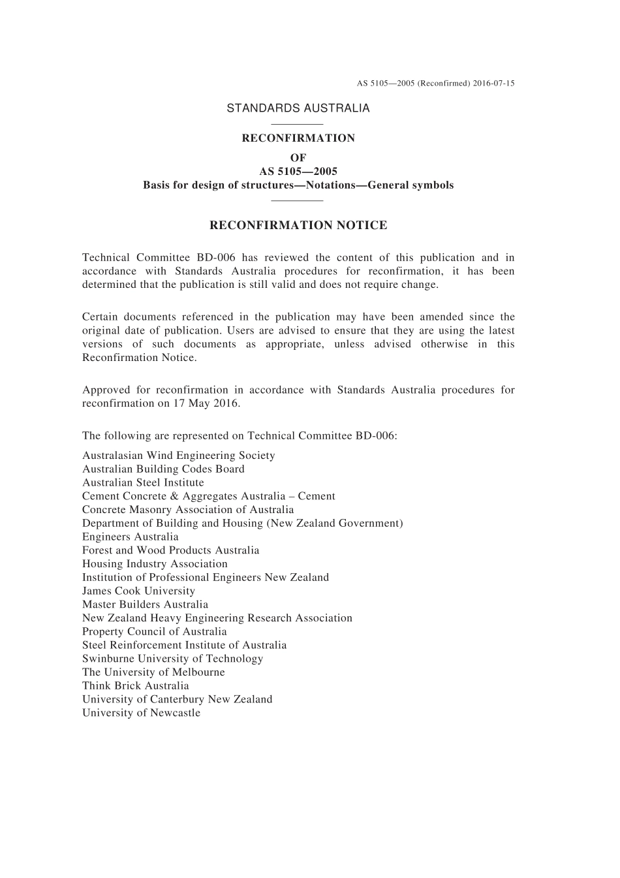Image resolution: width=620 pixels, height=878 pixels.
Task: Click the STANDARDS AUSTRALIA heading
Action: (298, 108)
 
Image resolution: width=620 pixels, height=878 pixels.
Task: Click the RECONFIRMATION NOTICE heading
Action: (298, 226)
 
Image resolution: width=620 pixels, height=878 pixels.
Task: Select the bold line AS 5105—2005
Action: (298, 172)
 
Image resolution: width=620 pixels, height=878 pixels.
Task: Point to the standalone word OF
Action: (298, 158)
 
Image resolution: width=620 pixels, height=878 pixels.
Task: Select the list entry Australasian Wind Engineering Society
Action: (178, 456)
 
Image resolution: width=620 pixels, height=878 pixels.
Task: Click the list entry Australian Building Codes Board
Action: (163, 469)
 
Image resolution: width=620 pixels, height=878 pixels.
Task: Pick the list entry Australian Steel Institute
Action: (143, 483)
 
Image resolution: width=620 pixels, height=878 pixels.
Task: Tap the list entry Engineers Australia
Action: (130, 537)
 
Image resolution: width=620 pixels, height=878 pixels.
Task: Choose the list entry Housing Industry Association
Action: (155, 564)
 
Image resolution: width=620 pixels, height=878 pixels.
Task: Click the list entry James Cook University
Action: (138, 591)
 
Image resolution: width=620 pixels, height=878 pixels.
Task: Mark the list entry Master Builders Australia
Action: (145, 604)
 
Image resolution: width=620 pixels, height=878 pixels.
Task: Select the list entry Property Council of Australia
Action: (154, 632)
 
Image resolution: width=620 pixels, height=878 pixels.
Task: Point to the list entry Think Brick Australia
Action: (135, 686)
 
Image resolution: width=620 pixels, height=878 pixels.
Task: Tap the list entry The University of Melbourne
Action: (153, 672)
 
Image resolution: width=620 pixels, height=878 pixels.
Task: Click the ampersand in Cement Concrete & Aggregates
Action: (174, 497)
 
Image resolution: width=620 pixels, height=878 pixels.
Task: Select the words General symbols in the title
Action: (411, 185)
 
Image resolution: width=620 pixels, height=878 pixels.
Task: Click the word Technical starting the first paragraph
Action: (104, 258)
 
